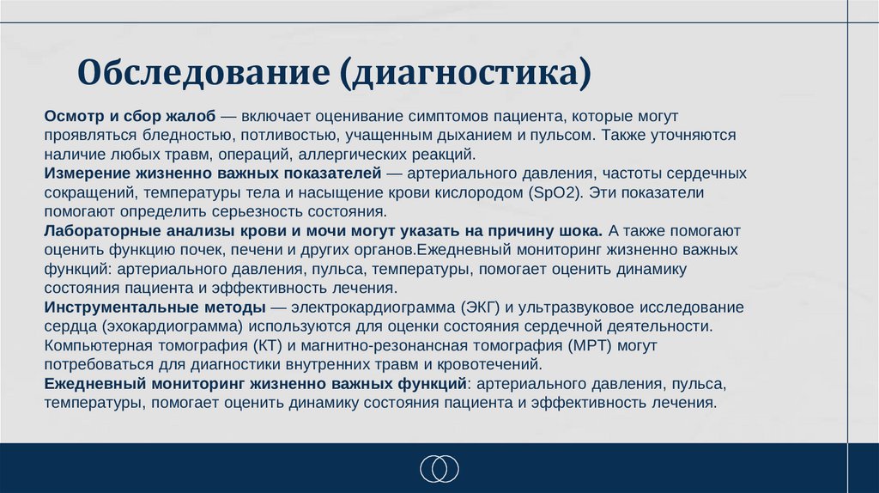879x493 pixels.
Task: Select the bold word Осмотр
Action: (72, 116)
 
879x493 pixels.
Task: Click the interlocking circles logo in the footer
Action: (439, 468)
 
